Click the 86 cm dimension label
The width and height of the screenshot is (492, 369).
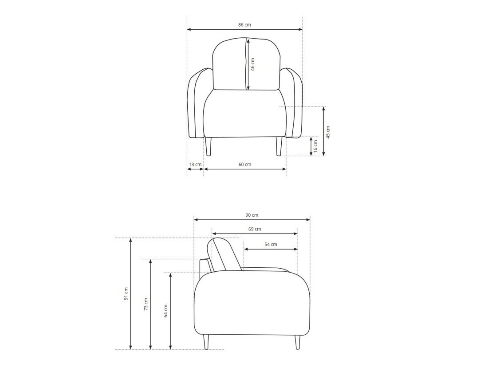(244, 25)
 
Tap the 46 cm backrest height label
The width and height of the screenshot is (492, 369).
(252, 64)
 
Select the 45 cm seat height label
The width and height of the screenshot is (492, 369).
(328, 132)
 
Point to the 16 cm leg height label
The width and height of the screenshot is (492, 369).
(315, 147)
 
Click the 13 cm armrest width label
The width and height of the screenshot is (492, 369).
(195, 164)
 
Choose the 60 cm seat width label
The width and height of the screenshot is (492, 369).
(245, 164)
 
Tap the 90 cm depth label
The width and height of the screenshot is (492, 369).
(252, 215)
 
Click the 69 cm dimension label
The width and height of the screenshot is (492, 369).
(255, 229)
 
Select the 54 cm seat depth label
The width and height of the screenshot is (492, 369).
(271, 244)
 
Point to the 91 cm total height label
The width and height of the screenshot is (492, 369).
(126, 294)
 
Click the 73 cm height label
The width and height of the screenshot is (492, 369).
(146, 304)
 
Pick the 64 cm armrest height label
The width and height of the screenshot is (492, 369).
(166, 311)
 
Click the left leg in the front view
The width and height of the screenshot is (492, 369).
(209, 147)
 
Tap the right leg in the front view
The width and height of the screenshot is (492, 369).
(279, 147)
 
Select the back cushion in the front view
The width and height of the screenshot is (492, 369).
(231, 64)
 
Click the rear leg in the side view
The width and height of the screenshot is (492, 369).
(206, 342)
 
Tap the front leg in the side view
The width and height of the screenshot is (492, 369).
(297, 342)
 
